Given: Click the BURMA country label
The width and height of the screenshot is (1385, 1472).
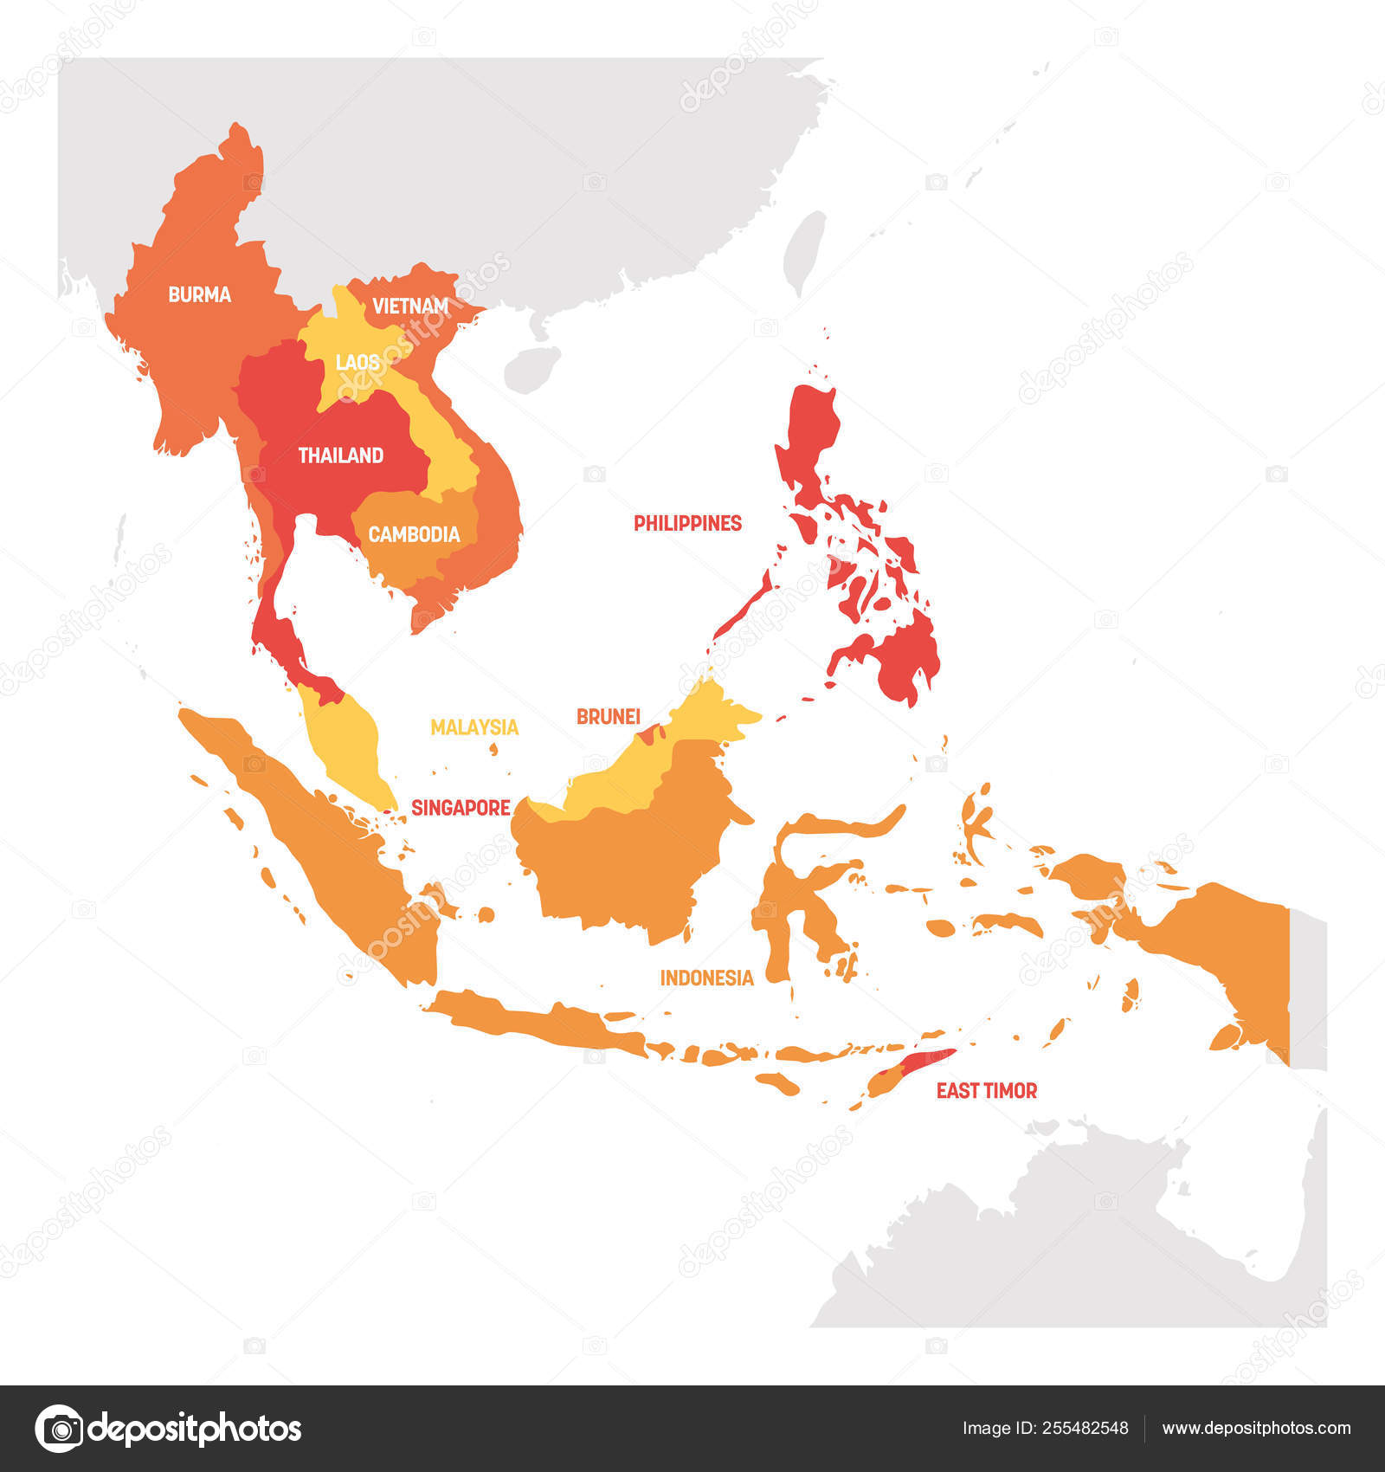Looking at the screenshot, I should (x=199, y=294).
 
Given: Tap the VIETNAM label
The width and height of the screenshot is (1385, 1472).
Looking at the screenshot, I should (x=410, y=306).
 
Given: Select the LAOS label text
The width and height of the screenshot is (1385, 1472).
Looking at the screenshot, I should (x=357, y=362).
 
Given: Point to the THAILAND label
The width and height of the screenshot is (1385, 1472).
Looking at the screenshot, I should (x=340, y=455).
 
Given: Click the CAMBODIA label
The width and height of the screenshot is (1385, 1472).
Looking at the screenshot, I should (x=414, y=534).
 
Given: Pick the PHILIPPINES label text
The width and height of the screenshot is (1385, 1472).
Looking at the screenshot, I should (x=687, y=523).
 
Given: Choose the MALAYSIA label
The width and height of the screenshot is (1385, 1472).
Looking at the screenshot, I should (x=474, y=727).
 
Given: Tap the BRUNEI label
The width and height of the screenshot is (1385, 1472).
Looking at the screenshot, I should (x=608, y=716).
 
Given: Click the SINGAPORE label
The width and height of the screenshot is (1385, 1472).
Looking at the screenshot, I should (x=461, y=808).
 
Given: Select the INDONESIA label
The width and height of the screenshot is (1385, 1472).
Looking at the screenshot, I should (x=706, y=978).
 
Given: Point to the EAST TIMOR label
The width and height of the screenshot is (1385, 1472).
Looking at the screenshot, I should (x=986, y=1091).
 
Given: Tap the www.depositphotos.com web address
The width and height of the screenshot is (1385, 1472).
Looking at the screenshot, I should (x=1255, y=1428).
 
